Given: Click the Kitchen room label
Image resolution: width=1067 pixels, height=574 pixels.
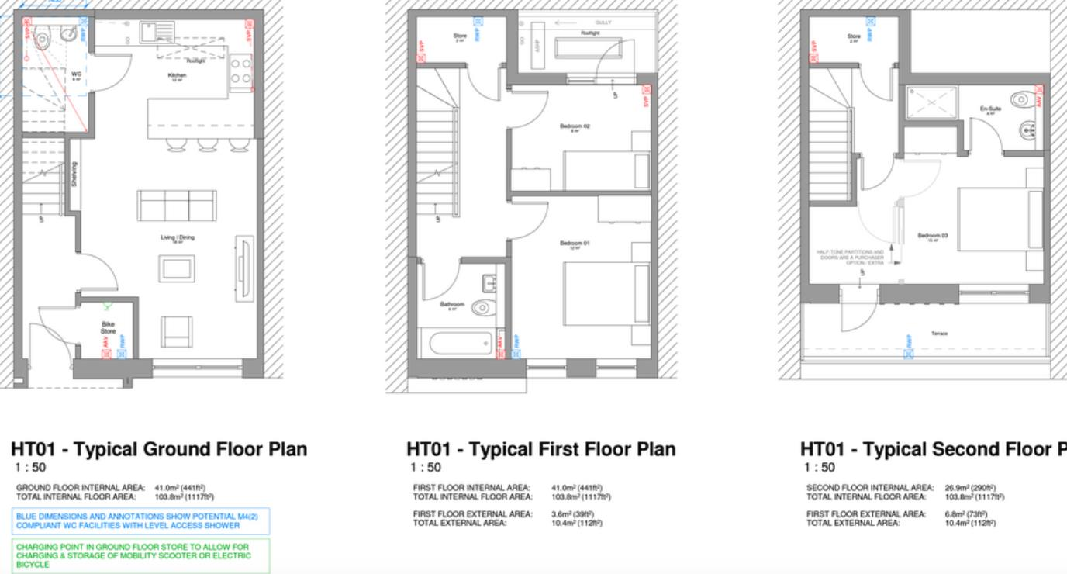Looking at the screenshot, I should pos(177,76).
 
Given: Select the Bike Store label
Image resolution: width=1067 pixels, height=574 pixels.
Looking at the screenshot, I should pos(107,327).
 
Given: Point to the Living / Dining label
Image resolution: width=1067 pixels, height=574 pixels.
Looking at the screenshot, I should pos(178,237).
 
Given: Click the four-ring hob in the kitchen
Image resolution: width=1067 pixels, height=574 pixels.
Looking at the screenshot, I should pos(240,71).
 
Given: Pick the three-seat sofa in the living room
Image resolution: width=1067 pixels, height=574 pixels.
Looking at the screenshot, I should pos(177,205).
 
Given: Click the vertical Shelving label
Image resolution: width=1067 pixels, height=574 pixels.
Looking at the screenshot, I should pos(74,174).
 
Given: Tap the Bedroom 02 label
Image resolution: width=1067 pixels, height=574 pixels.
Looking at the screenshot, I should pos(575,126).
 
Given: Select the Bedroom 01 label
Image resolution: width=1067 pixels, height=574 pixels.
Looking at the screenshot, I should pos(575,244).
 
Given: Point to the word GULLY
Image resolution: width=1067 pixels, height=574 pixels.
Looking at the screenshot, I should pos(603,22).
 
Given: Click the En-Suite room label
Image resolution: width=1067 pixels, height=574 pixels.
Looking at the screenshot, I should pos(990,109).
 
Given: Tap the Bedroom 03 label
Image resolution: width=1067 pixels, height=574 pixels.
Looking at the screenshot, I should pos(933,236).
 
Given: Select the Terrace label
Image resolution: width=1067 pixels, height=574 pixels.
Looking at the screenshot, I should pos(939,334).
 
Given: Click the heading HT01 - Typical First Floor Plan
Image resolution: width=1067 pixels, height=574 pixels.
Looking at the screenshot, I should pos(540,449).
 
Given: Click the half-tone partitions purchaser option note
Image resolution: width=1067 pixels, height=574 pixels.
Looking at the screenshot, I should pos(850,258).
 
